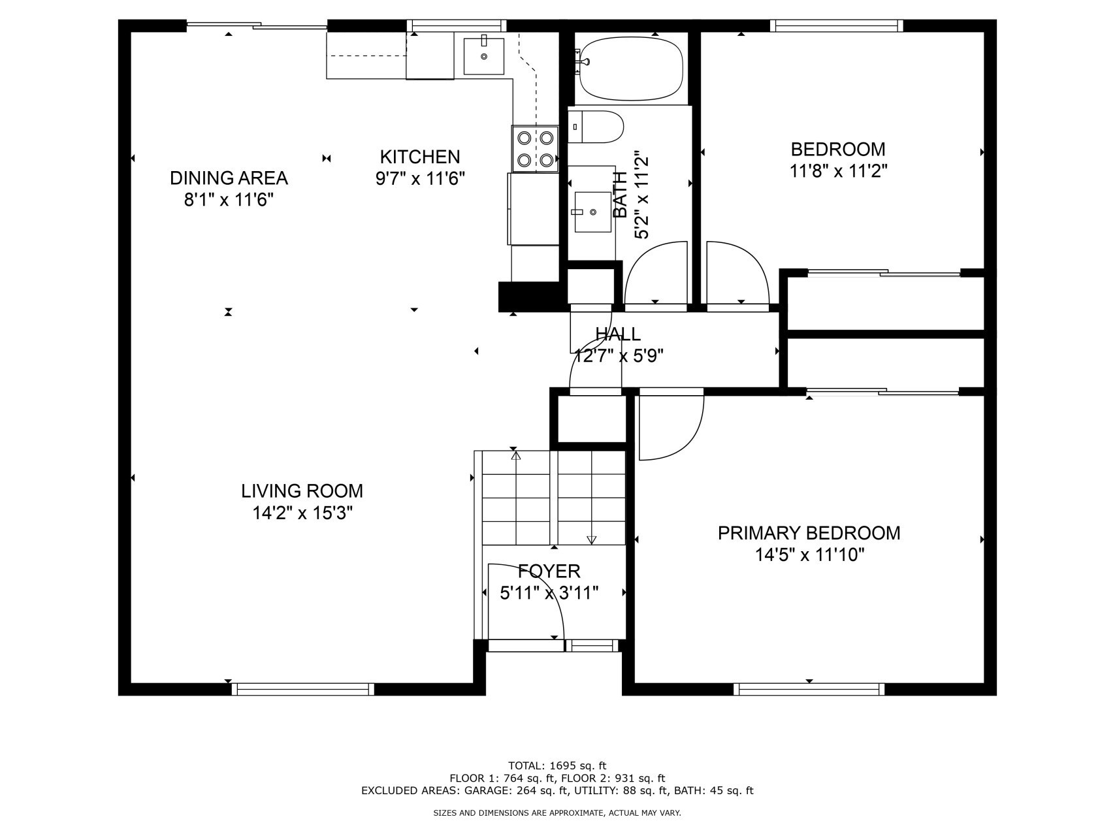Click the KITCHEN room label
tap(420, 157)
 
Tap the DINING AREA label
tap(229, 178)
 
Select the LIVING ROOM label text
tap(302, 491)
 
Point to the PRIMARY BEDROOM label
tap(809, 533)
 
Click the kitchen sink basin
tap(484, 56)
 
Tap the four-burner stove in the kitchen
tap(536, 149)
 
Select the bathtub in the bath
tap(632, 68)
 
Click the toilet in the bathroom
tap(595, 127)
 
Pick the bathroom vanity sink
tap(593, 212)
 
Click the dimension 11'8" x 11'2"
tap(838, 171)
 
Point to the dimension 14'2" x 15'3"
tap(302, 513)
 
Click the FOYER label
tap(549, 571)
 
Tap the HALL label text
tap(618, 334)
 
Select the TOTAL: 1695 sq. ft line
tap(557, 765)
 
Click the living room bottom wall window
tap(303, 689)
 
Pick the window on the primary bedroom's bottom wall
tap(809, 689)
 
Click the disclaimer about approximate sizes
tap(557, 813)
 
